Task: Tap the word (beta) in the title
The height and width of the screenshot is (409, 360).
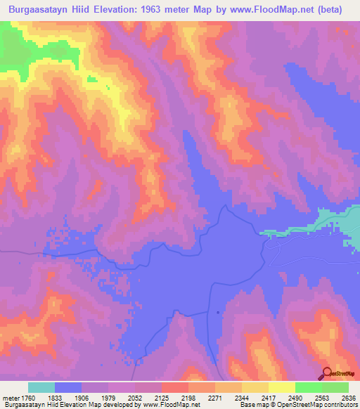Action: [330, 10]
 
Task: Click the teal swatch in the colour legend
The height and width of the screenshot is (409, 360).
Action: [41, 387]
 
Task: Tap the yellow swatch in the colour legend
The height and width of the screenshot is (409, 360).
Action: [282, 387]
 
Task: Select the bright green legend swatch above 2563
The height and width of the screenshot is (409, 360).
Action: [309, 387]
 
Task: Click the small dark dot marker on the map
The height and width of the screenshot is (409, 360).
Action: [218, 312]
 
